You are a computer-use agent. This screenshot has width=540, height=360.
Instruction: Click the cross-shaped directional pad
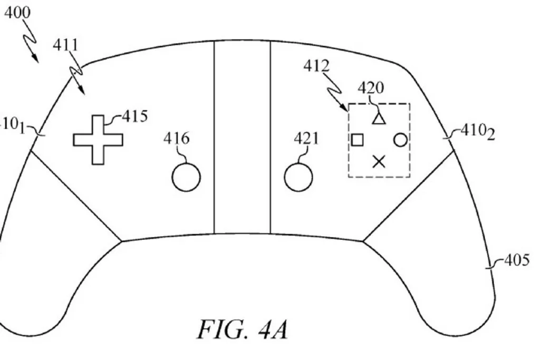pos(98,140)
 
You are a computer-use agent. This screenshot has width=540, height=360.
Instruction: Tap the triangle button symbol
pos(379,119)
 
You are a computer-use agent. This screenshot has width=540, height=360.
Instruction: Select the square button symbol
pos(357,140)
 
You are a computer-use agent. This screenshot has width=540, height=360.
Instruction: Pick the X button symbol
pos(379,161)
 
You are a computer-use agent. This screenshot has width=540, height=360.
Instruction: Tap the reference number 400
pos(17,13)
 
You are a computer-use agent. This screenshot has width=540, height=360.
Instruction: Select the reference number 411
pos(66,45)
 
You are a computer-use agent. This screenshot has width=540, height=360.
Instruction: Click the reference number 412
pos(316,66)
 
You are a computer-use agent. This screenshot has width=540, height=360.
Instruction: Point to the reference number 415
pos(135,116)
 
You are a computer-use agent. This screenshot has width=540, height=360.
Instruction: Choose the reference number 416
pos(176,138)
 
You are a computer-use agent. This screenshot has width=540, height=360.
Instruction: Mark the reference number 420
pos(371,88)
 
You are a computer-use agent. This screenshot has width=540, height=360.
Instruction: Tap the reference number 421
pos(306,138)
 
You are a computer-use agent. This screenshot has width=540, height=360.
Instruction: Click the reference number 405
pos(517,260)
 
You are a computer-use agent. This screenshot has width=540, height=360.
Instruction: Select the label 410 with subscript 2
pos(478,132)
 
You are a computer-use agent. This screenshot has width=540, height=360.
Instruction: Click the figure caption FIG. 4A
pos(243,330)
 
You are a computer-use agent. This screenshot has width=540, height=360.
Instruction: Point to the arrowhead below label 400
pos(35,59)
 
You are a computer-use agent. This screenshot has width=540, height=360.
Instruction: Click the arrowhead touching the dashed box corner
pos(345,107)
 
